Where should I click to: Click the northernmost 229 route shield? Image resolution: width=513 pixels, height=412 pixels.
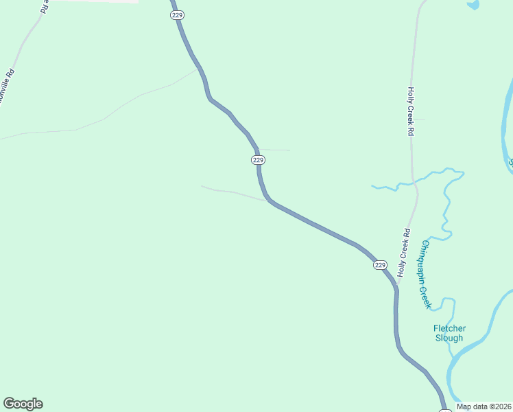click(177, 15)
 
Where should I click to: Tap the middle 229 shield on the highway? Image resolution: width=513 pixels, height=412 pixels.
click(257, 159)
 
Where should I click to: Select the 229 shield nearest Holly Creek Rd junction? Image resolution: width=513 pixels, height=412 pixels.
click(380, 265)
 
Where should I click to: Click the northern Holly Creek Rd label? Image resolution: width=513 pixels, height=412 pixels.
click(411, 111)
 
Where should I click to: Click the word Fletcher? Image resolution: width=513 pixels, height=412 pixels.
click(449, 328)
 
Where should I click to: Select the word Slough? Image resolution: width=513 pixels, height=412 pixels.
click(449, 338)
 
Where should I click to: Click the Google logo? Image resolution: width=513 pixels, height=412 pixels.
click(23, 404)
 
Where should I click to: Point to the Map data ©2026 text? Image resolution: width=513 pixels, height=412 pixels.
click(484, 407)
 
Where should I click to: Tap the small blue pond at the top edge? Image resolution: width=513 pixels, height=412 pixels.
click(473, 5)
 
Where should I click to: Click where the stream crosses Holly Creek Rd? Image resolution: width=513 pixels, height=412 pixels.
click(413, 183)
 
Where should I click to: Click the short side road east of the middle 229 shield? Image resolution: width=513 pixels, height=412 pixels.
click(276, 150)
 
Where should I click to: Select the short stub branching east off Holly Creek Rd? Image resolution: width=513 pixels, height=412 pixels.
click(419, 120)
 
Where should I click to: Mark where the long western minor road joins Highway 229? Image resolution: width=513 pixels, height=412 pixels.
click(199, 69)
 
